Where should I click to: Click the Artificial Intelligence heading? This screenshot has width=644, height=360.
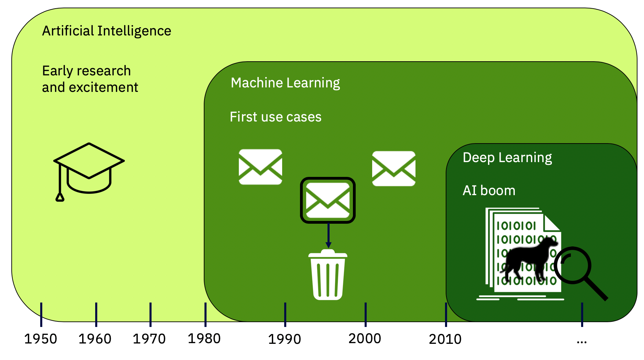pyautogui.click(x=107, y=31)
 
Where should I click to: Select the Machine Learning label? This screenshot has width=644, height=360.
pyautogui.click(x=285, y=83)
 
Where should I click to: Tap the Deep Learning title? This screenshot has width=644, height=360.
pyautogui.click(x=507, y=158)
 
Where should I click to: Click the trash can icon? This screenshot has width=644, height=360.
pyautogui.click(x=328, y=275)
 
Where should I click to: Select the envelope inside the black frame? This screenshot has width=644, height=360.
pyautogui.click(x=328, y=200)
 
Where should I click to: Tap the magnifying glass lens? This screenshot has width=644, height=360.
pyautogui.click(x=573, y=265)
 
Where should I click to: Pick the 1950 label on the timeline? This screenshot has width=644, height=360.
pyautogui.click(x=41, y=339)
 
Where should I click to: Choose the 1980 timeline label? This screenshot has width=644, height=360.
pyautogui.click(x=204, y=339)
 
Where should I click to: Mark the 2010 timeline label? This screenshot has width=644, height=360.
pyautogui.click(x=445, y=339)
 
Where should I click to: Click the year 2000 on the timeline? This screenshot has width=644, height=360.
pyautogui.click(x=365, y=339)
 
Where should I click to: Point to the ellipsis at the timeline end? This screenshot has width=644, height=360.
pyautogui.click(x=582, y=342)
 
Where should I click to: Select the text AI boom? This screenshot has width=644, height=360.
pyautogui.click(x=489, y=191)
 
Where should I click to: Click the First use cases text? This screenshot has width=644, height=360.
pyautogui.click(x=276, y=117)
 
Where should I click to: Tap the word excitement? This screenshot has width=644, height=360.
pyautogui.click(x=103, y=87)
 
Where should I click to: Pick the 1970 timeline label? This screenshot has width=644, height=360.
pyautogui.click(x=149, y=339)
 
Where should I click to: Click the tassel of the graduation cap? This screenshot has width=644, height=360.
pyautogui.click(x=60, y=197)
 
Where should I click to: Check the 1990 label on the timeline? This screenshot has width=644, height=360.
pyautogui.click(x=285, y=339)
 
